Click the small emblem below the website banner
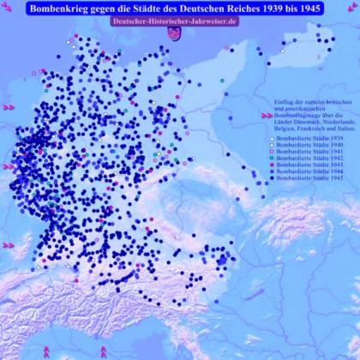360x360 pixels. tap(175, 33)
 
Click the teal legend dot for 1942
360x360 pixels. tap(271, 159)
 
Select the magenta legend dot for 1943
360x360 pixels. tap(271, 165)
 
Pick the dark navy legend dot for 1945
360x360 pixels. tap(271, 178)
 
